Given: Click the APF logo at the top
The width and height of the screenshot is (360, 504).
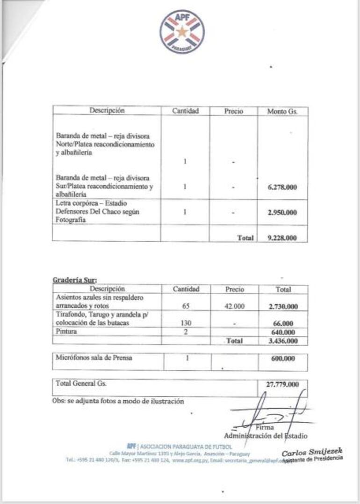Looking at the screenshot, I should (x=182, y=32).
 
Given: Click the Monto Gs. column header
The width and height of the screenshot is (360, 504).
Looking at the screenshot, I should (x=282, y=112).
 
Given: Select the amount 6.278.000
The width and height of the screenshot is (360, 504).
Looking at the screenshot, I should (x=282, y=187).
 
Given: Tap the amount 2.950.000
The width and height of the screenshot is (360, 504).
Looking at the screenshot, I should (x=282, y=212).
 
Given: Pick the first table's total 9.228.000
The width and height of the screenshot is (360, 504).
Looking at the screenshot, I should (x=282, y=238).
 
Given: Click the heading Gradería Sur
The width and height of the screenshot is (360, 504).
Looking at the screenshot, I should (x=74, y=280).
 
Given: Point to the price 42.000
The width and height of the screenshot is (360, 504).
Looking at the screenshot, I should (x=234, y=306).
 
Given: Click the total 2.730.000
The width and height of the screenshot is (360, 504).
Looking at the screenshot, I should (x=283, y=306).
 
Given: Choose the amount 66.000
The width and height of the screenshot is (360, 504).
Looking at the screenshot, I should (x=285, y=323).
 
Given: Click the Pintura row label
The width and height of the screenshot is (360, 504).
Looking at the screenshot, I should (x=66, y=331).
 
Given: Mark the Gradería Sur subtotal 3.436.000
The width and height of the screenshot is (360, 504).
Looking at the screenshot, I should (x=283, y=341).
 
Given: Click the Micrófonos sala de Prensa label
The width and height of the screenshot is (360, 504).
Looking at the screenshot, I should (x=94, y=358).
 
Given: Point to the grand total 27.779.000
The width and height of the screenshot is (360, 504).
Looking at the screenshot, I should (x=283, y=384).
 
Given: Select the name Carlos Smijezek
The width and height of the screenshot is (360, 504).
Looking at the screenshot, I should (x=312, y=451).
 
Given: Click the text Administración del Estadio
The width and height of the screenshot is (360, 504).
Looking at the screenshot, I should (x=266, y=436).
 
